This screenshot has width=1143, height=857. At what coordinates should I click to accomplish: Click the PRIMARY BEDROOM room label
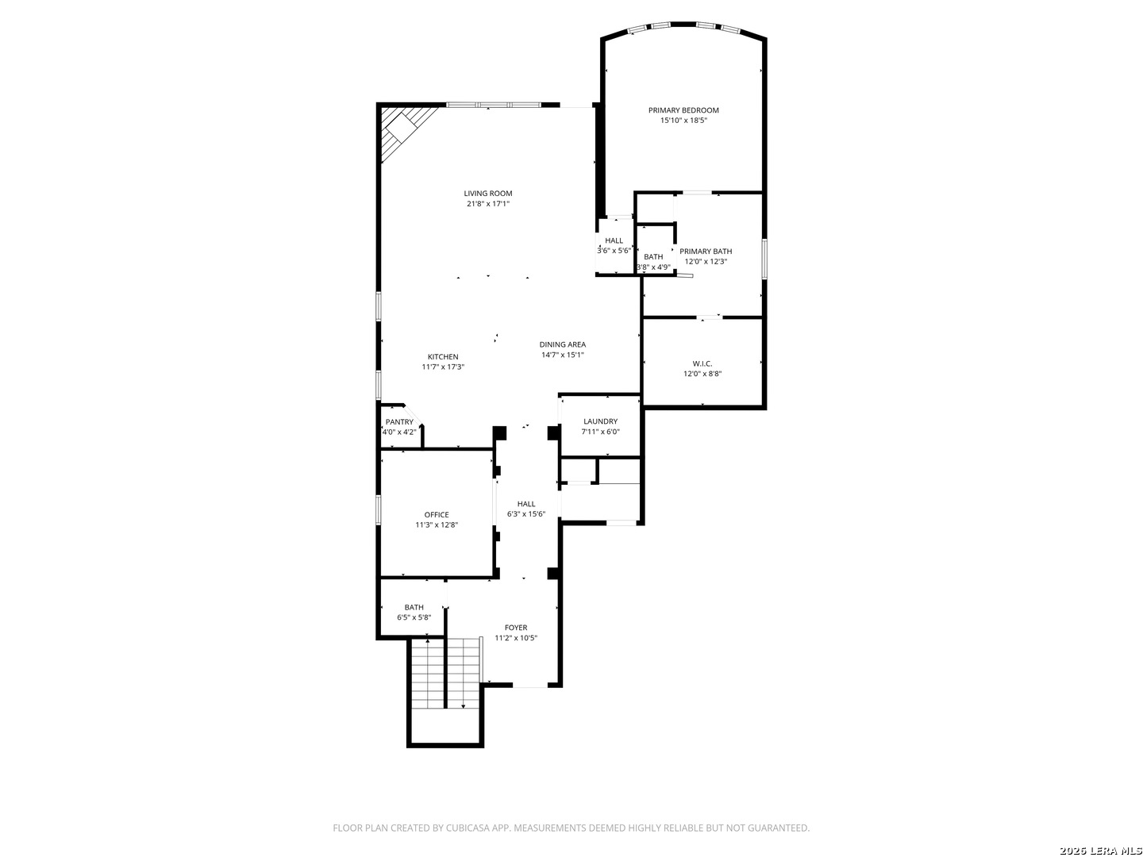pos(683,110)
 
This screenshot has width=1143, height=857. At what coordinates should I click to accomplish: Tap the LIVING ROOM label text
pos(488,194)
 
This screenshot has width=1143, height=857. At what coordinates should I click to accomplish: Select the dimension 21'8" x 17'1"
pos(488,204)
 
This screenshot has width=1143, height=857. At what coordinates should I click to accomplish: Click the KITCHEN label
pos(443,357)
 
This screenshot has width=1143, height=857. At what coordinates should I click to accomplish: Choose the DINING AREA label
pos(563,344)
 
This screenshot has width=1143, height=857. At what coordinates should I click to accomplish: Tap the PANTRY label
pos(399,422)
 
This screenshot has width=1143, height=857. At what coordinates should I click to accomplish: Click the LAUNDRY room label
pos(600,421)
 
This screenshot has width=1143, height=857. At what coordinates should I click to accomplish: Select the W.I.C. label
pos(702,363)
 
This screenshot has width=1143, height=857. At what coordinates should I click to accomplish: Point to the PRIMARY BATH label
pos(706,252)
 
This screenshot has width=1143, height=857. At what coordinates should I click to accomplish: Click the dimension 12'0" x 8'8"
pos(702,374)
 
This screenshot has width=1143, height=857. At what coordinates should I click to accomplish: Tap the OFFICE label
pos(437,515)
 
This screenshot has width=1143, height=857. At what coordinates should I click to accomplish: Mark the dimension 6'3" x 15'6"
pos(526,514)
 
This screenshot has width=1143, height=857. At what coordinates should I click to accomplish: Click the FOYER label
pos(515,628)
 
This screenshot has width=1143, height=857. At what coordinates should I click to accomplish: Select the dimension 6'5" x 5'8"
pos(414,617)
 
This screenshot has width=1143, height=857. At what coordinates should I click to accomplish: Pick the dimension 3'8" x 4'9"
pos(653,267)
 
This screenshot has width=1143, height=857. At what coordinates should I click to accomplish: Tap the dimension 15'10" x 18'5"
pos(683,120)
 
